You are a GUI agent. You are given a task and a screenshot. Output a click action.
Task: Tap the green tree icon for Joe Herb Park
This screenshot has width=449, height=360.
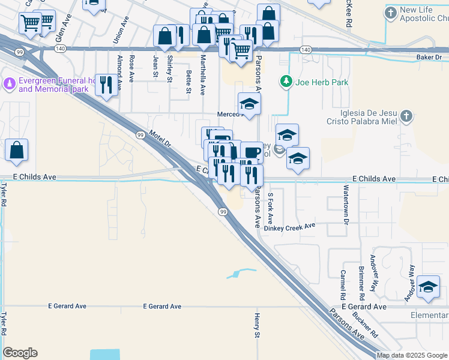point(287,81)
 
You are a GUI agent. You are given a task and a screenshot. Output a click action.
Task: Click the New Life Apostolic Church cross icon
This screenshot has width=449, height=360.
point(391,13)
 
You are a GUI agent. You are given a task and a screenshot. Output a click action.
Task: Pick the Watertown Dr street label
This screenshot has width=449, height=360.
point(346,204)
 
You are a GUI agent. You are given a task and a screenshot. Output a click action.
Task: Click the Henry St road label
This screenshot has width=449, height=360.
point(257,325)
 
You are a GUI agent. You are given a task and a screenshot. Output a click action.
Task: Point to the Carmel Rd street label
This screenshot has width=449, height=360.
point(343,285)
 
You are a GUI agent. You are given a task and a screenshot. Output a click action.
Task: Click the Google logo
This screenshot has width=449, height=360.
point(20,353)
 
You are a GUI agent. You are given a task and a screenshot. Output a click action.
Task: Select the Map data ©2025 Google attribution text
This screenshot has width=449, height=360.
point(412,355)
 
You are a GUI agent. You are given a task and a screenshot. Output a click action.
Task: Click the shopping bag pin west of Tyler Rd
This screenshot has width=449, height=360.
point(16,151)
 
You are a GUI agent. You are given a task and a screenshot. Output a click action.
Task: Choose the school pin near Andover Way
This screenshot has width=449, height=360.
point(428,287)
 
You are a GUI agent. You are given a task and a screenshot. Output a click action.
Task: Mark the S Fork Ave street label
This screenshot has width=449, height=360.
point(271,207)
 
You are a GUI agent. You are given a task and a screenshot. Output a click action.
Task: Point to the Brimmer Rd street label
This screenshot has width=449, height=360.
point(361,282)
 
